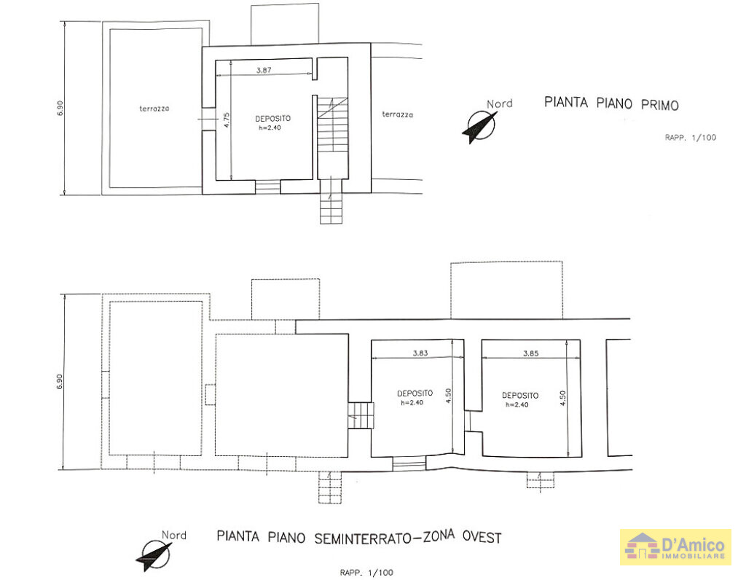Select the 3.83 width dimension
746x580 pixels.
point(420,353)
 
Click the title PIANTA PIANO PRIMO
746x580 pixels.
point(611,104)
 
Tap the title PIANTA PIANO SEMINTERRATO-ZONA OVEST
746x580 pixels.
point(359,538)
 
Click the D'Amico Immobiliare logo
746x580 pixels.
point(675,546)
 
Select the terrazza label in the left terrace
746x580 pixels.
point(154,109)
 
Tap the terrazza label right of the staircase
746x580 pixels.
point(397,114)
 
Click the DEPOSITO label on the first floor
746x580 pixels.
point(273,118)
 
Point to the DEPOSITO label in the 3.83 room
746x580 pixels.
point(415,393)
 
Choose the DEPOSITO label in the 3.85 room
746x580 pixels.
point(520,396)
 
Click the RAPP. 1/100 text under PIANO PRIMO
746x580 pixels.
point(690,137)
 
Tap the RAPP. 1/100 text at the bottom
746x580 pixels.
point(366,572)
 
